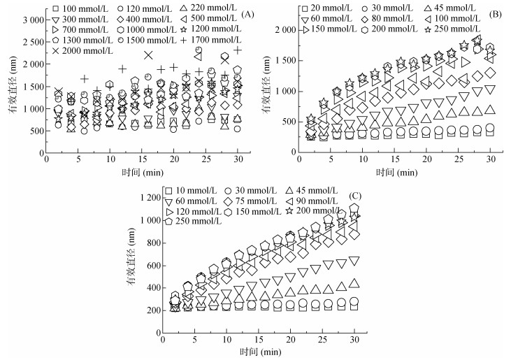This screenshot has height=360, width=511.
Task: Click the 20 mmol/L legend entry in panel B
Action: (x=328, y=8)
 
